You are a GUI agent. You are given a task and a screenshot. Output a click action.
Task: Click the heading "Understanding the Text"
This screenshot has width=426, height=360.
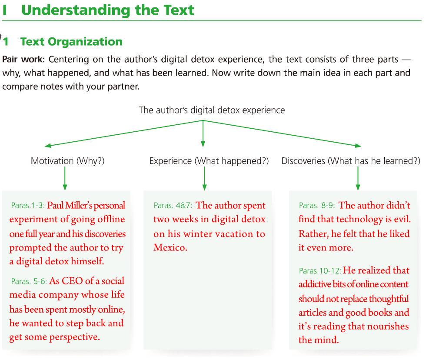point(107,10)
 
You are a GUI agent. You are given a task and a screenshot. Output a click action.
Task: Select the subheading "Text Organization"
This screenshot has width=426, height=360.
point(71,42)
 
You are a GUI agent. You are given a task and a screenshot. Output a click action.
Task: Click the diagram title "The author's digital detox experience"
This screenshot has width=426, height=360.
point(212,110)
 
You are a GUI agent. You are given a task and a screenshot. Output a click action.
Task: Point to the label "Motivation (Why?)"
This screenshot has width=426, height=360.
point(67,161)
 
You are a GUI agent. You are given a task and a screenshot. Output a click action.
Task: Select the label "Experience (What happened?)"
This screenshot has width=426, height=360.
point(209,161)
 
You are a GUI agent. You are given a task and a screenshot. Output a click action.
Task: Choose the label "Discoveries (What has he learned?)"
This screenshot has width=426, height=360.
point(351,161)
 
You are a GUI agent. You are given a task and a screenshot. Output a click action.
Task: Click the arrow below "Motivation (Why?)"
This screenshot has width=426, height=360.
point(65,178)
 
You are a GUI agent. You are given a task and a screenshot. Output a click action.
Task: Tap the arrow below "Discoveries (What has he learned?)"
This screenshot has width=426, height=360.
point(358,178)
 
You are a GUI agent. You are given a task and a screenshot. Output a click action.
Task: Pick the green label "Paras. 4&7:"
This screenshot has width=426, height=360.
point(173,206)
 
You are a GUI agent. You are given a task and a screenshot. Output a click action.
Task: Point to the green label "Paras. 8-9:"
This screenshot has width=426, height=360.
point(317,206)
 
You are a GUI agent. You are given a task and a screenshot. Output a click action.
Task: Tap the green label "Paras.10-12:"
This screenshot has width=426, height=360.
point(320,271)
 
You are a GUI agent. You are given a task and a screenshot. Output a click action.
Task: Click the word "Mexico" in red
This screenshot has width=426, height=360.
point(169,248)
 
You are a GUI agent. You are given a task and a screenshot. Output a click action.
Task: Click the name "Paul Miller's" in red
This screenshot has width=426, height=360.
point(70,206)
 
